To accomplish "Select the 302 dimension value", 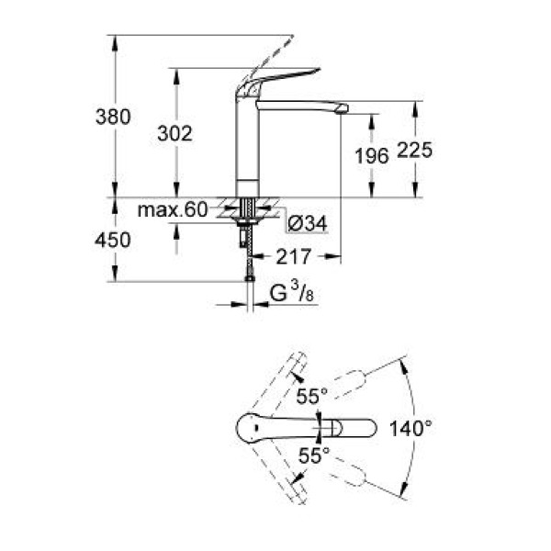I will [x=175, y=134].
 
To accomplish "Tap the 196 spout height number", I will [x=372, y=156].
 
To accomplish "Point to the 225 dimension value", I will [x=414, y=152].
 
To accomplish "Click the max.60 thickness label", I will [x=173, y=210].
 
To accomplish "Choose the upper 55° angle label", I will [x=312, y=397].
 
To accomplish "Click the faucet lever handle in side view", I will [x=268, y=82].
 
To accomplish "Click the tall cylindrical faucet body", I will [x=245, y=147].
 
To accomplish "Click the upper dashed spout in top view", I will [x=349, y=382].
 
